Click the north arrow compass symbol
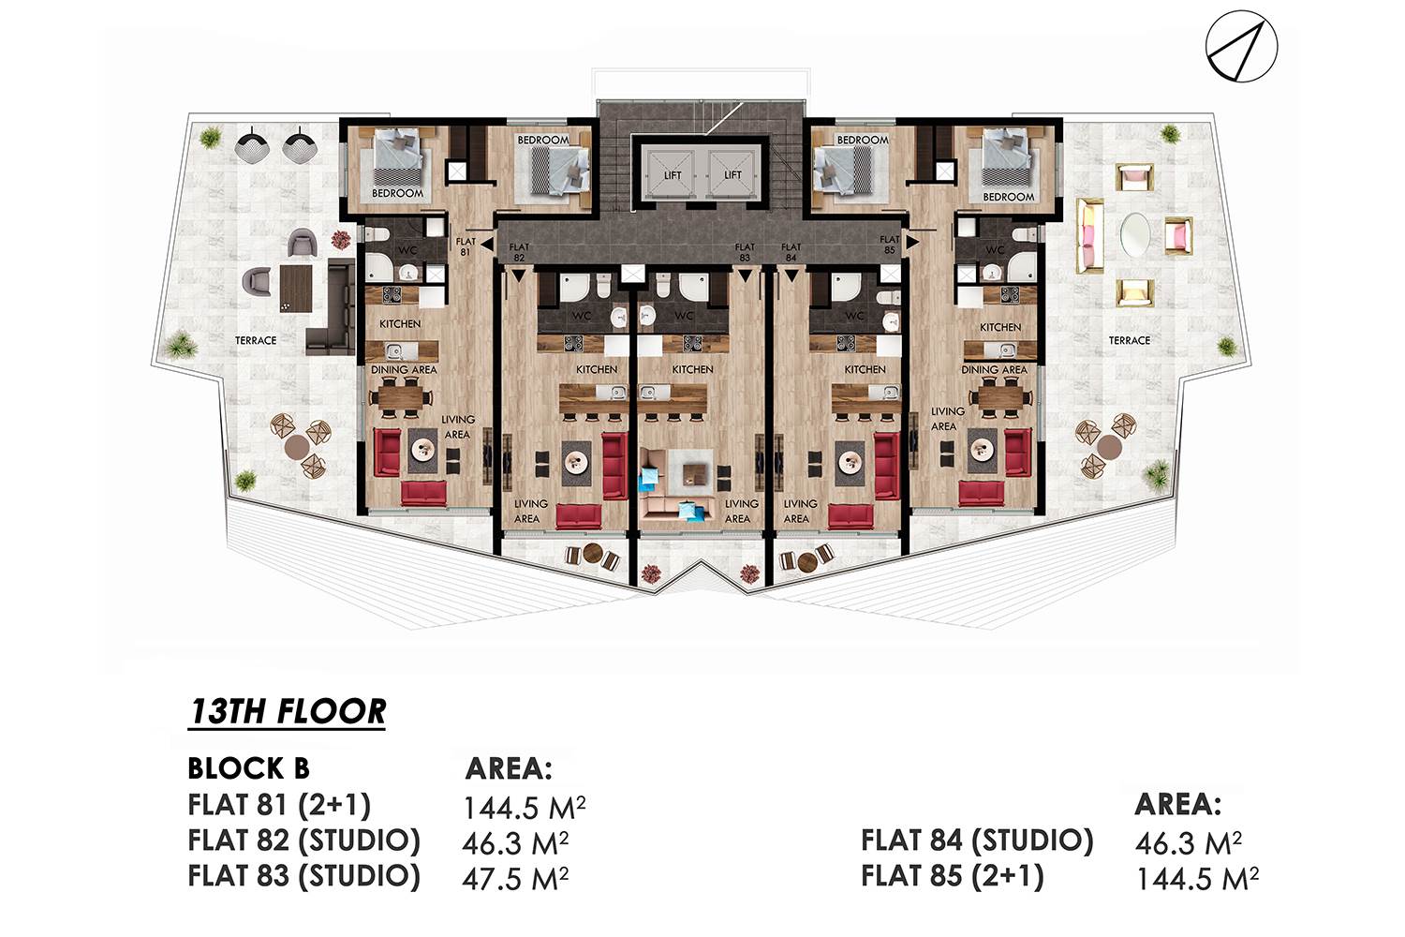[1241, 47]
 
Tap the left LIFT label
[673, 175]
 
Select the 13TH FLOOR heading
[288, 712]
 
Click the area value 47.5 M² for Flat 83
[515, 879]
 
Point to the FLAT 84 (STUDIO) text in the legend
[977, 840]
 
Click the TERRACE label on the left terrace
[256, 340]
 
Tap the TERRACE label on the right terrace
[1129, 340]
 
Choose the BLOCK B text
[248, 768]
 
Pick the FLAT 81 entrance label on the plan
[465, 246]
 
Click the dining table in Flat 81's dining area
[402, 396]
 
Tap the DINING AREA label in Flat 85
[994, 370]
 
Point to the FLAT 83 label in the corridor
[745, 252]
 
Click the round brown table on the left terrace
[296, 446]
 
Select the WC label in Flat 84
[854, 316]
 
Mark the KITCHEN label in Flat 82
[597, 369]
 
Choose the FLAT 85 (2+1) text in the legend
[953, 876]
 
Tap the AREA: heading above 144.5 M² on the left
[509, 768]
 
